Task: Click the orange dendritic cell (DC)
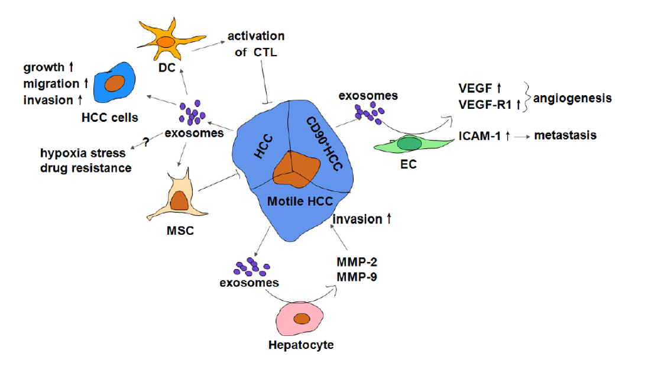coord(166,43)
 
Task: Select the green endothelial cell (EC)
coord(408,144)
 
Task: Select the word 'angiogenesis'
coord(571,98)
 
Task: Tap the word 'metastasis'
coord(565,135)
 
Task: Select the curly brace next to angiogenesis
coord(527,98)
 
